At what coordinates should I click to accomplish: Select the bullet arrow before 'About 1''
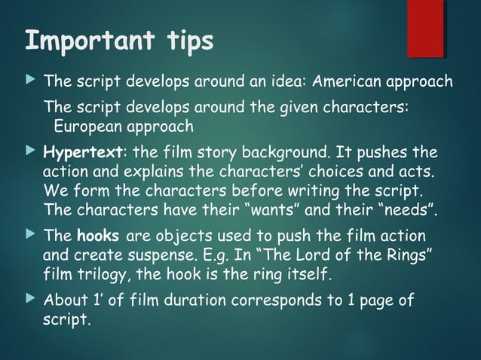30,301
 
